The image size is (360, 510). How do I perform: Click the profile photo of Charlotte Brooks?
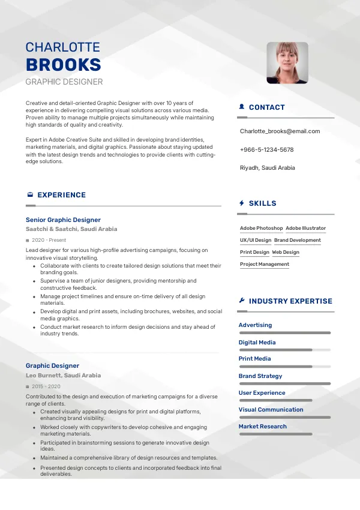point(287,62)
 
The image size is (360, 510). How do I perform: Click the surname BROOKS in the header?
point(63,65)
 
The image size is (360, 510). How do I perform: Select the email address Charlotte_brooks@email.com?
point(280,131)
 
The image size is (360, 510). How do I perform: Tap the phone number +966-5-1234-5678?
point(266,149)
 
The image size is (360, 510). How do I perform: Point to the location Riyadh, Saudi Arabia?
point(267,168)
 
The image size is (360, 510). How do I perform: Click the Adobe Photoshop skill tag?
point(261,229)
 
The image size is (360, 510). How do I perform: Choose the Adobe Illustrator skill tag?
point(305,229)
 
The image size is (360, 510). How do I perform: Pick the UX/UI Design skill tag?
point(256,241)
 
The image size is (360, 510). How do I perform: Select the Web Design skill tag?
point(286,253)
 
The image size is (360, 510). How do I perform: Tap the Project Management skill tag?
point(265,265)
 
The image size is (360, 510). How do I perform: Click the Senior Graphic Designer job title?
point(63,220)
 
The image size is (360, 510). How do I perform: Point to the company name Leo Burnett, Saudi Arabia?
point(63,376)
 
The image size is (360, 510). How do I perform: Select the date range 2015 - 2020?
point(46,387)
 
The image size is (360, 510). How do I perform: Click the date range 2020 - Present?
point(49,240)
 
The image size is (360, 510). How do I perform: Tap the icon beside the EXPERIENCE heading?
point(30,195)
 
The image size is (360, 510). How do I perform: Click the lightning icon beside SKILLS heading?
point(241,203)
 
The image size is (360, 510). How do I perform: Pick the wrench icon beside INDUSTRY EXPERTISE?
point(241,301)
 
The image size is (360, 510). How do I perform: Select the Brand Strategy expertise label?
point(260,376)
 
